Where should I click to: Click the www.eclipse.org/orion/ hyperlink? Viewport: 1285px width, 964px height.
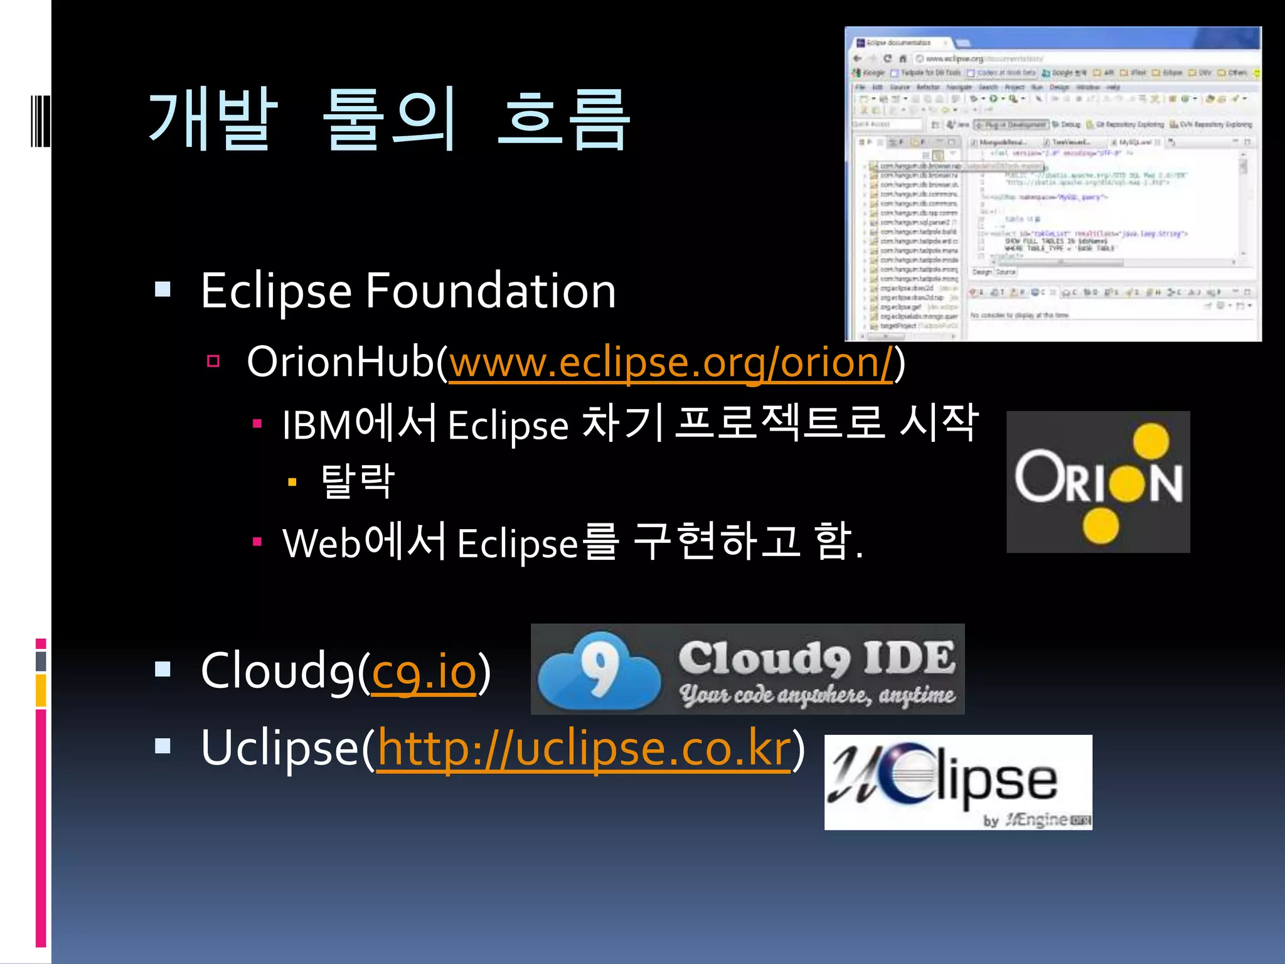click(x=670, y=363)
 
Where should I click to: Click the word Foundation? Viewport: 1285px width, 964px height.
click(x=491, y=291)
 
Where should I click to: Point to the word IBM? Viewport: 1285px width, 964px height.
click(x=317, y=426)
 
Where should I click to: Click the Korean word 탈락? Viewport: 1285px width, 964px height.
click(x=357, y=481)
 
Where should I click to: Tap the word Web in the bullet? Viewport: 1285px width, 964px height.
click(x=322, y=543)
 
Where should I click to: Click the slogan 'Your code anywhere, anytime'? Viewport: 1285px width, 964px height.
click(x=816, y=695)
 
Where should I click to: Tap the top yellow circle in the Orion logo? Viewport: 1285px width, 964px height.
click(x=1151, y=441)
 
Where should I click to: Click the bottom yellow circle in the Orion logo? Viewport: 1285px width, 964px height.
click(x=1101, y=525)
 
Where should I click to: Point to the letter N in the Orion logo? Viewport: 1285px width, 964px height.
click(x=1166, y=484)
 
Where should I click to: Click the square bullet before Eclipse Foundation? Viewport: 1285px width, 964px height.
click(x=163, y=289)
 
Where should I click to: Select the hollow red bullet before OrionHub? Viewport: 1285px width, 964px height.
click(x=213, y=361)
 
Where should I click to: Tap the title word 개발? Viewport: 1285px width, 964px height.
click(x=213, y=119)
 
